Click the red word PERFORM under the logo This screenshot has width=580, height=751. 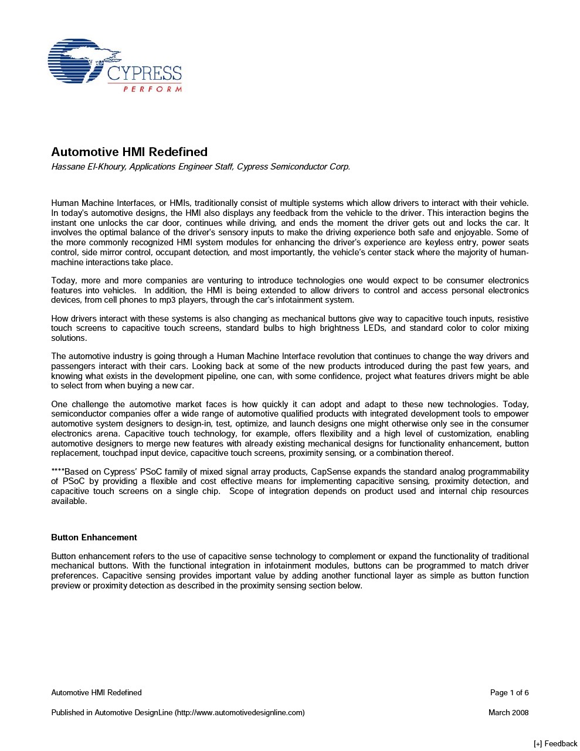click(x=152, y=89)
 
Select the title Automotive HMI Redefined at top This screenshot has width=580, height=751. click(x=129, y=152)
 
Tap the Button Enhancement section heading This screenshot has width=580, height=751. click(x=94, y=537)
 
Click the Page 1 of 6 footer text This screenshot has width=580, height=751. click(x=509, y=693)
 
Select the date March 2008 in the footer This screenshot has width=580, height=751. click(x=508, y=713)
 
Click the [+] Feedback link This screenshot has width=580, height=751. click(x=555, y=744)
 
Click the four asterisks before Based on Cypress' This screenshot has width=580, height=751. click(x=57, y=472)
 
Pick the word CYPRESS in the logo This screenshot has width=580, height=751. click(x=144, y=74)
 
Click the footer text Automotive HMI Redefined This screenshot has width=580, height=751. click(x=96, y=693)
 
